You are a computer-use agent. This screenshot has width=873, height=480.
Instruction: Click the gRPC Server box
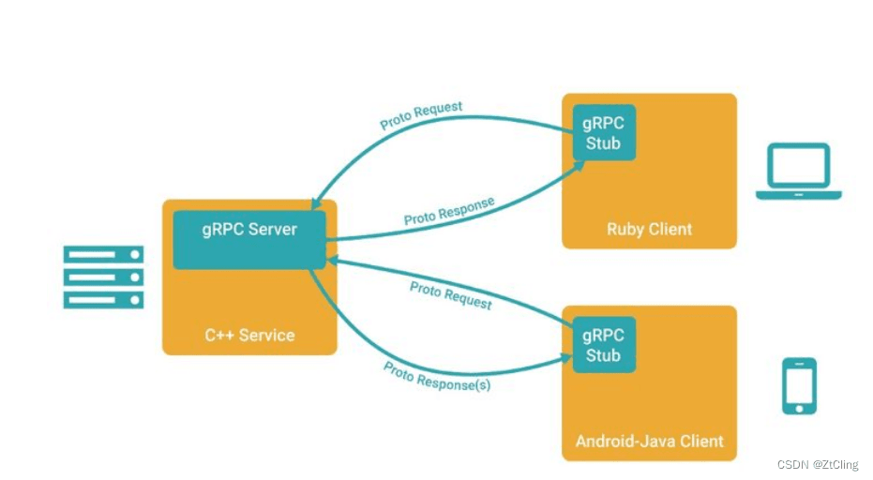[x=249, y=240]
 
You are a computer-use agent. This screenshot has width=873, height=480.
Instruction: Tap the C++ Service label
[x=249, y=335]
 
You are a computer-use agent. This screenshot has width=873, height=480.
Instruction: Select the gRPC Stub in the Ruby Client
[x=603, y=133]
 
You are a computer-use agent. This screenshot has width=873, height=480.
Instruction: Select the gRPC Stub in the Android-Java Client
[x=603, y=345]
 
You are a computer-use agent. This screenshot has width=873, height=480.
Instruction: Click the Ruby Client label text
[x=649, y=229]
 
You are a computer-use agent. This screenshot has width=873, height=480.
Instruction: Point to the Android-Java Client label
[x=649, y=441]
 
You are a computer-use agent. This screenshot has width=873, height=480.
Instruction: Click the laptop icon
[x=798, y=172]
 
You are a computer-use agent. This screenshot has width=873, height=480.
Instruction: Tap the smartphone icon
[x=799, y=385]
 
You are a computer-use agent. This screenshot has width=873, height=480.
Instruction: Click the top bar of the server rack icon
[x=103, y=254]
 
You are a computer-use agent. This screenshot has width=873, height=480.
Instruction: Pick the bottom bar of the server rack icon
[x=103, y=299]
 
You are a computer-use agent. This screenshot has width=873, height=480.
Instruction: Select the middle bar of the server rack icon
[x=103, y=277]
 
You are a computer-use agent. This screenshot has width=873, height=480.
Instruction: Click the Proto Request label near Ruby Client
[x=421, y=115]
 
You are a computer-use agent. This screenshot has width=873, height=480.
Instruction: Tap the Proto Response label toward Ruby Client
[x=449, y=211]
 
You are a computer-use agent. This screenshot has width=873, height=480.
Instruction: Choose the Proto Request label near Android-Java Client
[x=450, y=294]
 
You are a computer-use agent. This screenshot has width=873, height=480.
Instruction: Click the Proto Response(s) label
[x=436, y=376]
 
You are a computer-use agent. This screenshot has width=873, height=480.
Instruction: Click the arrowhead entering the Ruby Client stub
[x=581, y=165]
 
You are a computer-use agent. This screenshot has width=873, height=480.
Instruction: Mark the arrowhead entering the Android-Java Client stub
[x=566, y=357]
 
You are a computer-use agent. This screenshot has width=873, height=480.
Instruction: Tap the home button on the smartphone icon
[x=799, y=407]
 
